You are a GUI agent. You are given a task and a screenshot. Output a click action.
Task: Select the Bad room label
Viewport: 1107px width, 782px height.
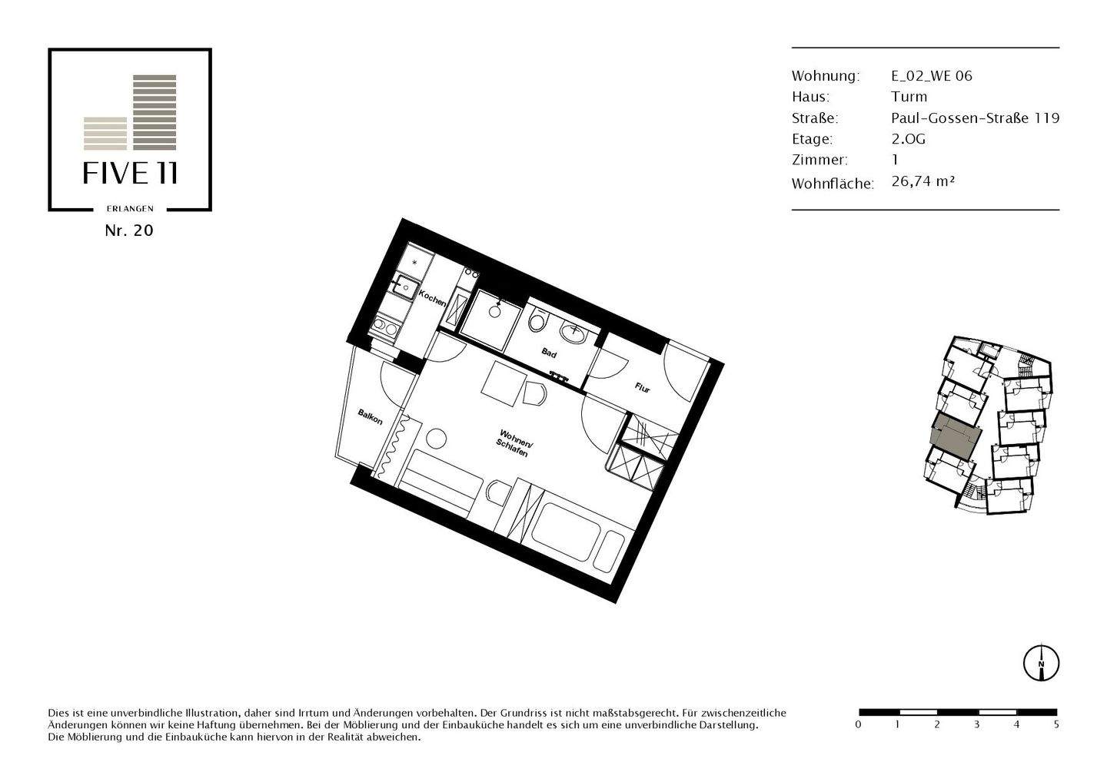tap(549, 353)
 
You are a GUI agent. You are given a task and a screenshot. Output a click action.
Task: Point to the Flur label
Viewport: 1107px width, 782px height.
tap(642, 388)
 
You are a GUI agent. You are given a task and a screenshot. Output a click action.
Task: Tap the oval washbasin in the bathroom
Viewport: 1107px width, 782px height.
tap(573, 333)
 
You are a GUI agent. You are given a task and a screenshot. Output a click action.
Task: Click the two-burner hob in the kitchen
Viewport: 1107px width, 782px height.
tap(384, 329)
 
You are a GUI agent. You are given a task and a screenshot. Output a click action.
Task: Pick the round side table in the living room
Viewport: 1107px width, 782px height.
tap(437, 440)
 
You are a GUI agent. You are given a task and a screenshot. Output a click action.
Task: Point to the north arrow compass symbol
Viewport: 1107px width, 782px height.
tap(1041, 661)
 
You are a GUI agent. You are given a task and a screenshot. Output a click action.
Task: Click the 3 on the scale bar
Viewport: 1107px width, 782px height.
tap(976, 724)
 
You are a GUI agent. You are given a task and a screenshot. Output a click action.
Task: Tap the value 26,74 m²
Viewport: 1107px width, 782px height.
tap(922, 181)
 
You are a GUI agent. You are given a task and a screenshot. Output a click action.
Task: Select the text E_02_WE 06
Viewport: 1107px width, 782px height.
tap(932, 75)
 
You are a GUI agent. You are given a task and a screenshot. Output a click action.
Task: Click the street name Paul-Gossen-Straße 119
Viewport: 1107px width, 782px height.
tap(975, 118)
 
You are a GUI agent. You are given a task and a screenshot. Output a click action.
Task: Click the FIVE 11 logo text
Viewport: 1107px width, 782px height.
tap(131, 174)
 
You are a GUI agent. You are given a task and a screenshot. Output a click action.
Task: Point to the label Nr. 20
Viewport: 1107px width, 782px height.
tap(129, 230)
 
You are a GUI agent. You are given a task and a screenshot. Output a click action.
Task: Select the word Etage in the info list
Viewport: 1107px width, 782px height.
tap(811, 139)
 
